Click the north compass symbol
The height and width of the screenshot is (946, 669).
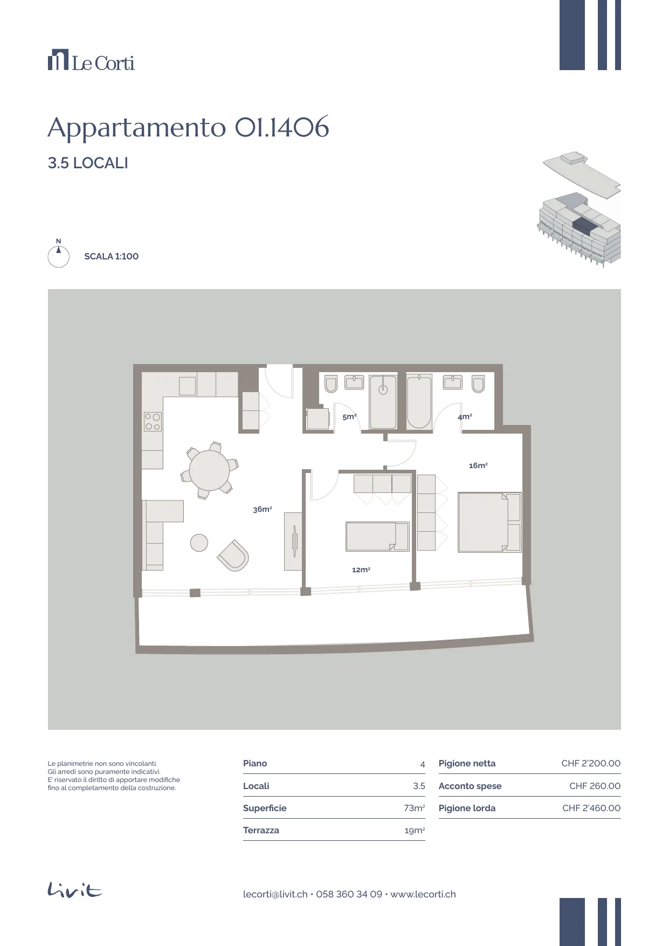pyautogui.click(x=58, y=254)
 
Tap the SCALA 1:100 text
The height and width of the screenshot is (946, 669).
pyautogui.click(x=111, y=256)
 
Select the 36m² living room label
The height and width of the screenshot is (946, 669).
pyautogui.click(x=263, y=509)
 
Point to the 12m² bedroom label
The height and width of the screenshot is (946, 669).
pyautogui.click(x=361, y=570)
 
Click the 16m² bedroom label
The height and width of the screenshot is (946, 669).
pyautogui.click(x=478, y=465)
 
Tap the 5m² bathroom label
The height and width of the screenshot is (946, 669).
pyautogui.click(x=349, y=416)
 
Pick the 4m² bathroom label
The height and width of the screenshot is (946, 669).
pyautogui.click(x=465, y=416)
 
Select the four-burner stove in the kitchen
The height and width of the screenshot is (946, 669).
pyautogui.click(x=153, y=421)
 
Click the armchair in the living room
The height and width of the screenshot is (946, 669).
pyautogui.click(x=233, y=556)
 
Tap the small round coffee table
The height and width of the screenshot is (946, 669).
pyautogui.click(x=199, y=543)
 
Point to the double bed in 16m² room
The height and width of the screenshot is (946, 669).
pyautogui.click(x=489, y=522)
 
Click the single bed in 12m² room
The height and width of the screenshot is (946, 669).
pyautogui.click(x=377, y=536)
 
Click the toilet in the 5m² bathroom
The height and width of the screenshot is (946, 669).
pyautogui.click(x=331, y=383)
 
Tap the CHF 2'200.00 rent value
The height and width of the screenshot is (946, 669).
pyautogui.click(x=591, y=763)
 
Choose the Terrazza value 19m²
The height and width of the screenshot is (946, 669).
pyautogui.click(x=415, y=831)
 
